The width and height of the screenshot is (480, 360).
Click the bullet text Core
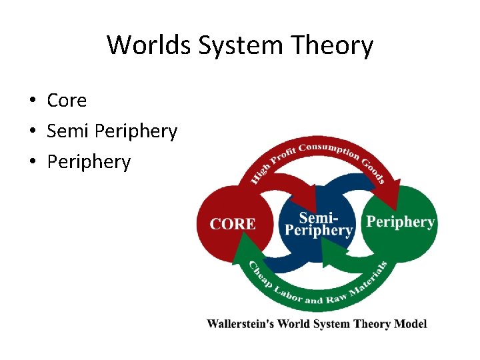coord(67,101)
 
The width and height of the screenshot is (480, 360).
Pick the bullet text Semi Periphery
coord(112,131)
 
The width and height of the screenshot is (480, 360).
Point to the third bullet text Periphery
coord(89,162)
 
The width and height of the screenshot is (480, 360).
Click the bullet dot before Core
coord(31,101)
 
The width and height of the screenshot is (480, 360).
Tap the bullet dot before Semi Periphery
coord(31,132)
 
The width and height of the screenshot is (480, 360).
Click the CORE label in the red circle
coord(233,224)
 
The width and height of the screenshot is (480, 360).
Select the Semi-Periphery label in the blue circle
coord(319,224)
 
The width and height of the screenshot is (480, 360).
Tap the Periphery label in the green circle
coord(401,222)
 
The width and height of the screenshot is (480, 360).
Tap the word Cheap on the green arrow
coord(258,276)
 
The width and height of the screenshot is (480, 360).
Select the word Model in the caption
coord(410,324)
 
